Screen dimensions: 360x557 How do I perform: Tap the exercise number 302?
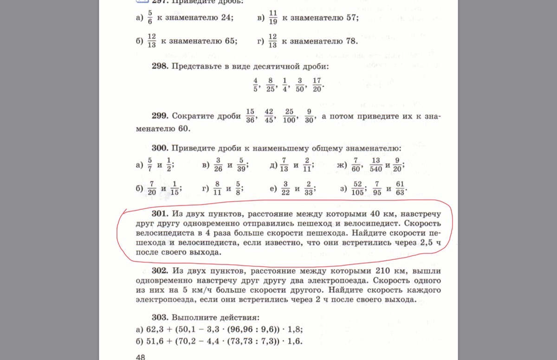pos(160,270)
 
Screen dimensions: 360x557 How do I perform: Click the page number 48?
pos(141,356)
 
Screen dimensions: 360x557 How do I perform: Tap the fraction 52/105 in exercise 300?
pos(357,189)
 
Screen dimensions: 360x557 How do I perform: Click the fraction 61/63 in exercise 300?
pos(401,189)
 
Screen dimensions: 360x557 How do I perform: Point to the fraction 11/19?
pos(272,18)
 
